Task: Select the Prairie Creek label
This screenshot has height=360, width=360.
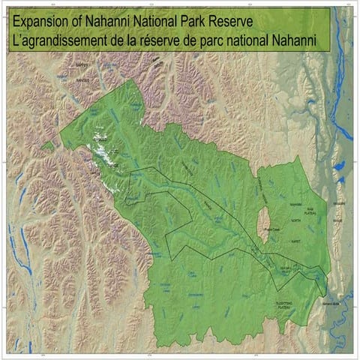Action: coord(269,229)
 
